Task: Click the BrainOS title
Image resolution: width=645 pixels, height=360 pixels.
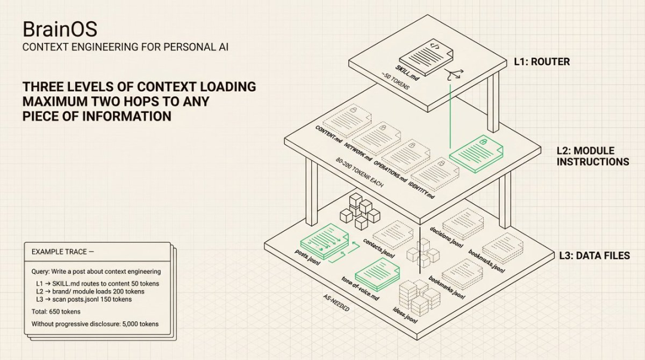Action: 60,29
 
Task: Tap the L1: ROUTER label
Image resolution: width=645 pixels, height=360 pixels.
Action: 542,61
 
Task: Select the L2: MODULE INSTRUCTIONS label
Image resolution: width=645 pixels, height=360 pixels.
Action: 592,156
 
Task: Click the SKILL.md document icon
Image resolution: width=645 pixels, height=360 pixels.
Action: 425,55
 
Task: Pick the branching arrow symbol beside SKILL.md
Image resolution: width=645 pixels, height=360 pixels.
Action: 453,74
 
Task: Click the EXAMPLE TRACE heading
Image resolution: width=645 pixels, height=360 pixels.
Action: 62,252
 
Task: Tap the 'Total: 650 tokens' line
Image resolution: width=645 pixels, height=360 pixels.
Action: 56,311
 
